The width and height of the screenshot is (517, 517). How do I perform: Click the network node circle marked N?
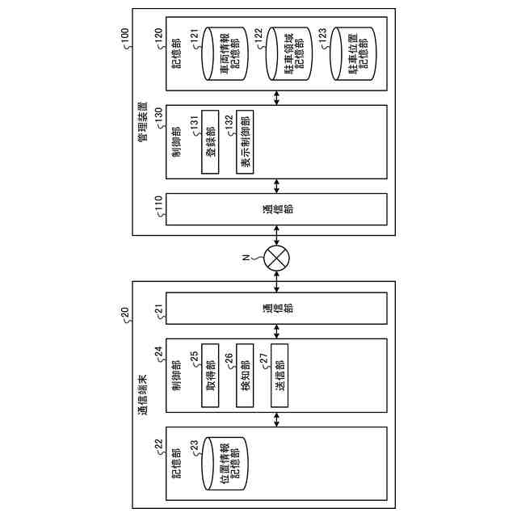277,259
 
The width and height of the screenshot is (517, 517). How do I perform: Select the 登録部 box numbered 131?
211,142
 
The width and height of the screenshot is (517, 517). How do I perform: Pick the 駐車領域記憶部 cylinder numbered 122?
283,53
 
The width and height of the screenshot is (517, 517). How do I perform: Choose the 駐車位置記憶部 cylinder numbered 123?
350,53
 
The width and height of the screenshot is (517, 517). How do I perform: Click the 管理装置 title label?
142,121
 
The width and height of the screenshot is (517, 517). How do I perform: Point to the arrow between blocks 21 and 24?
277,331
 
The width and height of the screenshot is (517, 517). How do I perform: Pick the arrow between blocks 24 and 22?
277,419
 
